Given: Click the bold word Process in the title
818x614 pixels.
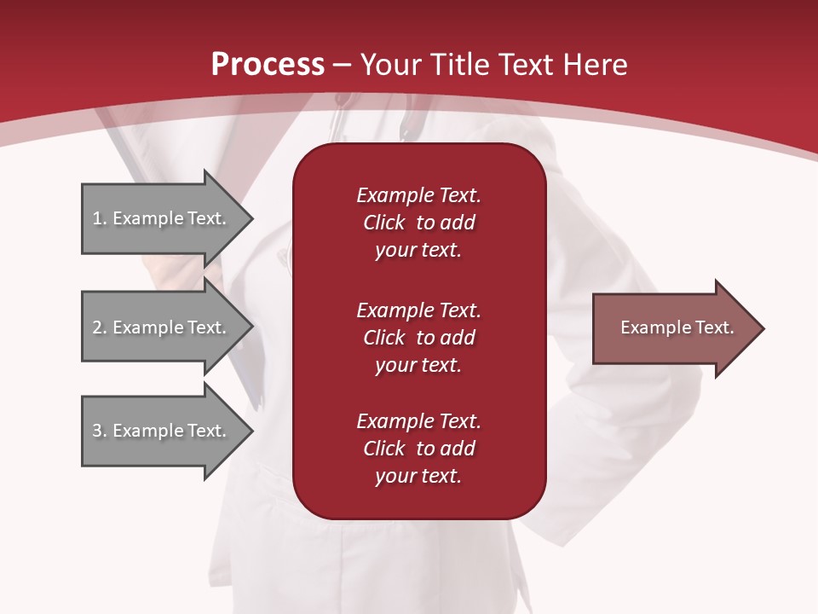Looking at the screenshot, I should [268, 65].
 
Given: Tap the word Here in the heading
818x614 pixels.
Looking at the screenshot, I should [593, 65].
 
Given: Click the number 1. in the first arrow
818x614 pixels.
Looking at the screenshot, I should [99, 218].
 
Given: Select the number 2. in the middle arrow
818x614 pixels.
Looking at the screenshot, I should [99, 327].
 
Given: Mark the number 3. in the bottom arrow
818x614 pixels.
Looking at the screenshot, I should [99, 431].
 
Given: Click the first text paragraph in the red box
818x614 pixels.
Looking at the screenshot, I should [418, 223].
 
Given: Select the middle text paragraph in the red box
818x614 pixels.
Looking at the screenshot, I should [418, 337].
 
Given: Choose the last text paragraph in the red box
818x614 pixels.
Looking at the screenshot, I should [418, 449].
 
